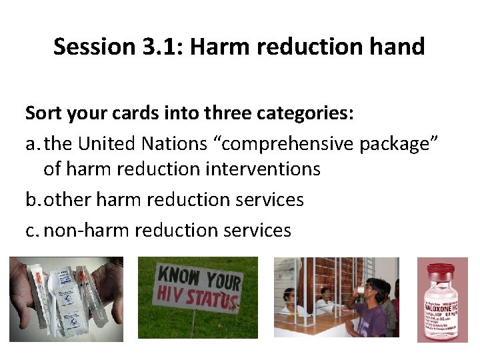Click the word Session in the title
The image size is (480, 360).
pyautogui.click(x=93, y=47)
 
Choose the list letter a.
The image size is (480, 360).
pyautogui.click(x=31, y=143)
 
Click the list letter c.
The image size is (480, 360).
pyautogui.click(x=31, y=230)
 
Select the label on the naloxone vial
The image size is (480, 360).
pyautogui.click(x=441, y=314)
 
